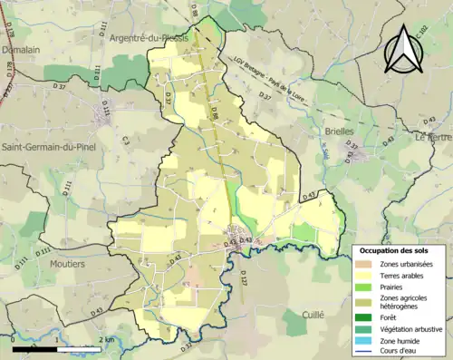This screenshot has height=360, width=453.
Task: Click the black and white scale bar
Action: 58,349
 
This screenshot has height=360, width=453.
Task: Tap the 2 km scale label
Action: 108,340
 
